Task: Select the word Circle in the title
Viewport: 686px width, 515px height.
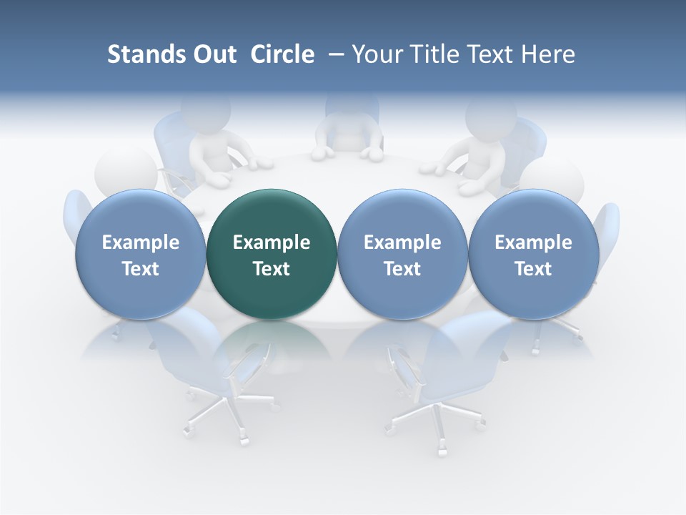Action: tap(282, 54)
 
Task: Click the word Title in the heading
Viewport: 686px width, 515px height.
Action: tap(437, 54)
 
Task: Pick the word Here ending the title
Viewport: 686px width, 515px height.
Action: tap(549, 54)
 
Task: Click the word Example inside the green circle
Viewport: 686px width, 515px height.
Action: tap(272, 242)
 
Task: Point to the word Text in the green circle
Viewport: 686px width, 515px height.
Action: tap(272, 269)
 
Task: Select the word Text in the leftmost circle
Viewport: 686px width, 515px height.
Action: tap(140, 269)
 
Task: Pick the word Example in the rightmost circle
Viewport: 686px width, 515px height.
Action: tap(533, 242)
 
